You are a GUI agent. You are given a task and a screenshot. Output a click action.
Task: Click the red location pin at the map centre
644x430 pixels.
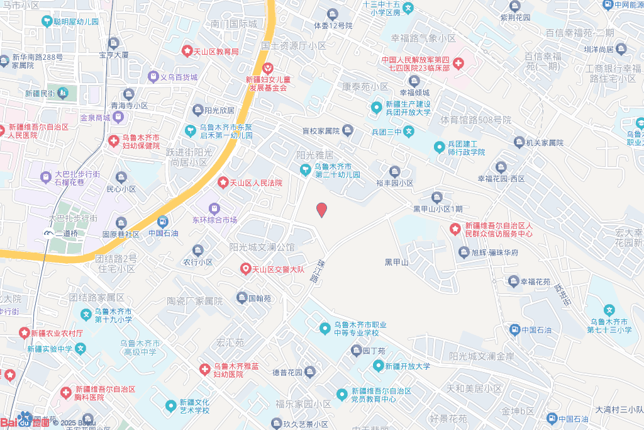pos(321,210)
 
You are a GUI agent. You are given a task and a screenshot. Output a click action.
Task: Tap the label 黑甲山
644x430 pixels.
pos(397,262)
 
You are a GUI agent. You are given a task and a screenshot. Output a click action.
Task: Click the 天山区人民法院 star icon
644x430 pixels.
pos(223,183)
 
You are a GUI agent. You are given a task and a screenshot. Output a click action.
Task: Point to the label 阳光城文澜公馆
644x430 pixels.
pos(262,247)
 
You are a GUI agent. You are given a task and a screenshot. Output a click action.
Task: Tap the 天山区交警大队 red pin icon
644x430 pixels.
pos(246,269)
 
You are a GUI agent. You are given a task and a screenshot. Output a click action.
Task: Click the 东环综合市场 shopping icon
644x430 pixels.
pos(214,208)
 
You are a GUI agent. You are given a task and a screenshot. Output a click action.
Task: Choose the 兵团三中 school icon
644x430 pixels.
pos(409,132)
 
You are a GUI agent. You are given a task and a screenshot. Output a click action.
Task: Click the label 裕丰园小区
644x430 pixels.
pos(394,183)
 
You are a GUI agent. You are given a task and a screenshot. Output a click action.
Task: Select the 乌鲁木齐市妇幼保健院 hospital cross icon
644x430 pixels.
pos(114,140)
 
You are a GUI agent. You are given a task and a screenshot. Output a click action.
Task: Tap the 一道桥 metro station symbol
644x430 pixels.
pos(48,233)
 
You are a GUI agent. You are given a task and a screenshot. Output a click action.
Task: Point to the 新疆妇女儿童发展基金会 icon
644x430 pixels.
pos(267,68)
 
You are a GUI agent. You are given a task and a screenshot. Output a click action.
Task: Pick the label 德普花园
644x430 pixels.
pos(287,372)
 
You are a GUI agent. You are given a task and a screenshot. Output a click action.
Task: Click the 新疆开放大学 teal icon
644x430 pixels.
pos(378,365)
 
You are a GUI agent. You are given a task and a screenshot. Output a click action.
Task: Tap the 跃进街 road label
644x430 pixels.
pos(562,295)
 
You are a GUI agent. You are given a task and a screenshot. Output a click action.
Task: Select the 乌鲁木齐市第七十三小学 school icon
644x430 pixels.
pos(609,310)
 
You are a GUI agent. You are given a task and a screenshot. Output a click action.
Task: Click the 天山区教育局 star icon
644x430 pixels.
pos(187,50)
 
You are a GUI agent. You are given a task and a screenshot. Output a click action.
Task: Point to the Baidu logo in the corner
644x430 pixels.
pos(25,421)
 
